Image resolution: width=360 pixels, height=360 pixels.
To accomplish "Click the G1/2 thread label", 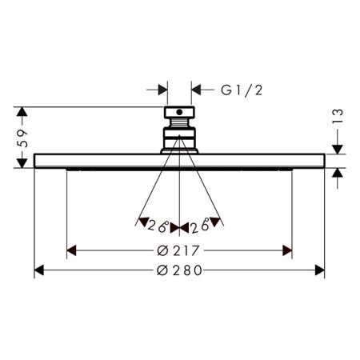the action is point(242,90).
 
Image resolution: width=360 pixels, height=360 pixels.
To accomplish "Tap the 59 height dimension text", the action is point(22,138).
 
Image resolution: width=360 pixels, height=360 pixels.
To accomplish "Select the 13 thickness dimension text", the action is point(338,116).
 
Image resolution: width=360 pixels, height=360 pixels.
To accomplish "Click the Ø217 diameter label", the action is point(178,250).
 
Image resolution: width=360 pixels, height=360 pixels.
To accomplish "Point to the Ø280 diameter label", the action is point(179,270).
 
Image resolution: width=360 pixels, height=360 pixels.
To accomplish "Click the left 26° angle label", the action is point(158,226).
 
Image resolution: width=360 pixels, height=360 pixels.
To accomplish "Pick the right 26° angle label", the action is point(201,226).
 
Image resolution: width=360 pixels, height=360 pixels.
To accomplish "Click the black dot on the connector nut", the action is point(179,112).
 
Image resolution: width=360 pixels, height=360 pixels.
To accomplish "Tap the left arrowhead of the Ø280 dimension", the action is point(39,270).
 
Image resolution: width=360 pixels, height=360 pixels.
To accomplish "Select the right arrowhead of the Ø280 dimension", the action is point(320,270).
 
